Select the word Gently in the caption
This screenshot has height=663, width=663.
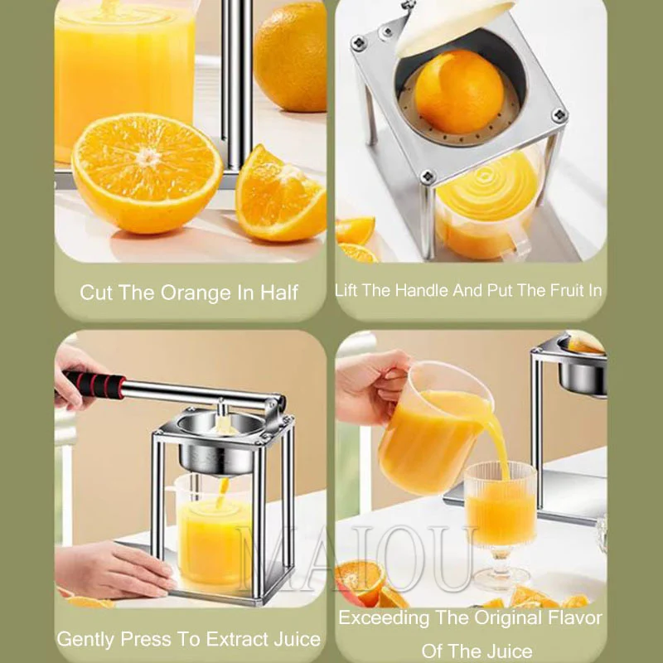(x=86, y=639)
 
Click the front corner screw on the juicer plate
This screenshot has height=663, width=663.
(x=428, y=177)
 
